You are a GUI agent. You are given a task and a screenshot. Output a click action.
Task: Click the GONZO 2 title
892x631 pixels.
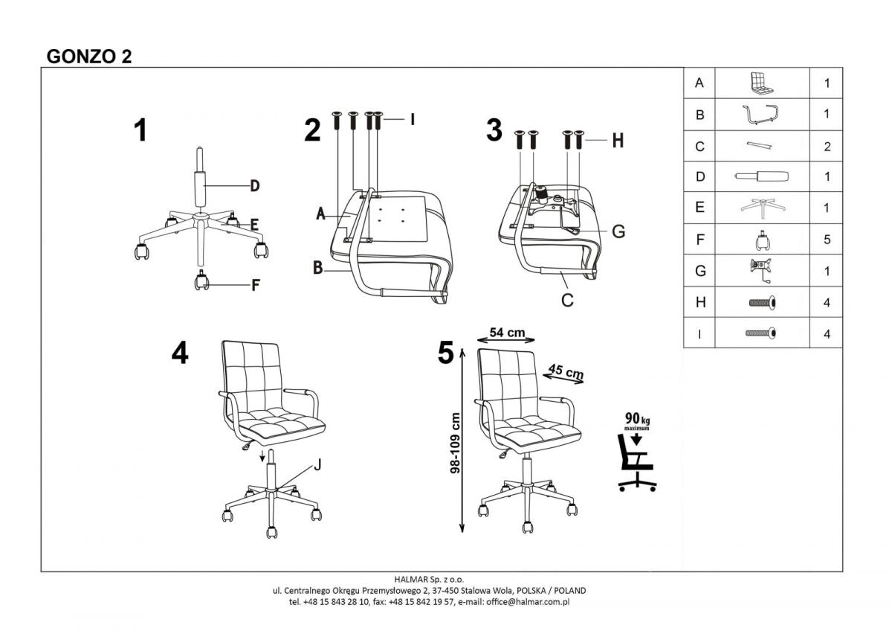(89, 57)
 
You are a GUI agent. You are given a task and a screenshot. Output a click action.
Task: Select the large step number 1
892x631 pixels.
(140, 131)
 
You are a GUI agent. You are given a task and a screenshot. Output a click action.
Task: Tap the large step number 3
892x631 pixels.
(494, 129)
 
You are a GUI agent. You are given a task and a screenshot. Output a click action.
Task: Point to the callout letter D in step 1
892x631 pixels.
(254, 186)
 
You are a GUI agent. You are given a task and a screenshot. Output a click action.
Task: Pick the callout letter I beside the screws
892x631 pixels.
(411, 119)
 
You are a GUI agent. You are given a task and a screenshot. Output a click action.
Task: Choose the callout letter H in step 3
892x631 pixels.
(617, 141)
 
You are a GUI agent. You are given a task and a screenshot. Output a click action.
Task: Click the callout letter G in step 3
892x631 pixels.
(618, 231)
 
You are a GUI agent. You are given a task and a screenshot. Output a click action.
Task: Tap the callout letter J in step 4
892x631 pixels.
(317, 466)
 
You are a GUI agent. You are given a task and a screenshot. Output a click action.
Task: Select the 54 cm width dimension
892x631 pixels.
(507, 333)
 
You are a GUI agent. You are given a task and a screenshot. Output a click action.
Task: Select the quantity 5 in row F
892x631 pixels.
(827, 240)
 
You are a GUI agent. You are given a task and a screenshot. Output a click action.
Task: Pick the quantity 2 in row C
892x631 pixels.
(827, 147)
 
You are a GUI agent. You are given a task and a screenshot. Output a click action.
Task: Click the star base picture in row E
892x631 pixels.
(761, 208)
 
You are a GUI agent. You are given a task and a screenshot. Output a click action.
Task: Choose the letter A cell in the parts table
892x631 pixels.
(699, 83)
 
